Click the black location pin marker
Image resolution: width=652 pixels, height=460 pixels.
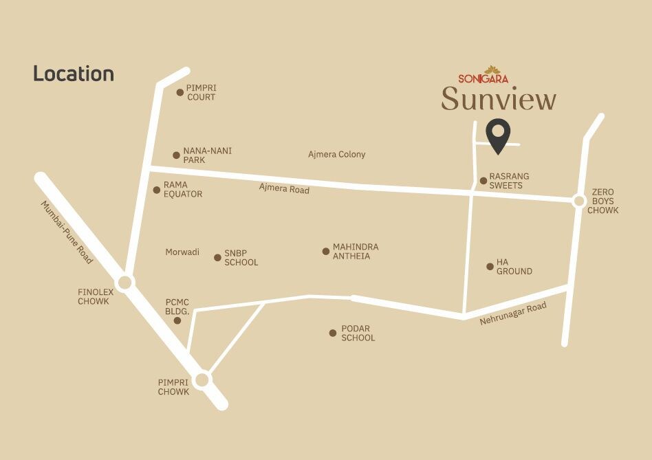point(497,134)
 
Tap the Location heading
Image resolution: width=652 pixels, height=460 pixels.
point(74,74)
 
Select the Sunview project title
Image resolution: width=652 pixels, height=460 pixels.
point(499,99)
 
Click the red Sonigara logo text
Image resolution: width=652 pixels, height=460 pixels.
point(483,78)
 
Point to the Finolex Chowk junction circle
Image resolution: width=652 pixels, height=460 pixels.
point(124,282)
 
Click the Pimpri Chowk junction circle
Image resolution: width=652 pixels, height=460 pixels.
point(202,380)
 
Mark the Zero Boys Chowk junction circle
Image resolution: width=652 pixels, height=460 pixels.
point(579,201)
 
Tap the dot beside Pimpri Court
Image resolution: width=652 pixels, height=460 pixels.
point(180,92)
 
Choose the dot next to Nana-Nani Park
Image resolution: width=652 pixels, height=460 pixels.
point(176,155)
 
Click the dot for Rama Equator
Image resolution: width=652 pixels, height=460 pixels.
point(157,190)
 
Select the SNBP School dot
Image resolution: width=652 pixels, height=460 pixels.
point(217,258)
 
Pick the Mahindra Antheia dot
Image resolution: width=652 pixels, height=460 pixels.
point(326,251)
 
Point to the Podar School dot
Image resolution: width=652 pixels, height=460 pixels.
point(333,333)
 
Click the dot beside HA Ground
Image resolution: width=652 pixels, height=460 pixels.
point(490,266)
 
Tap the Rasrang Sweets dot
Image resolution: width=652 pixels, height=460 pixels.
point(483,181)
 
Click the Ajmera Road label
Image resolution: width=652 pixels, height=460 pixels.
point(284,188)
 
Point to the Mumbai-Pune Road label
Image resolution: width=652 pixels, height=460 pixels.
point(67,232)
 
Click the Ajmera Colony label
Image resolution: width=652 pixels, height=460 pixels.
point(337,155)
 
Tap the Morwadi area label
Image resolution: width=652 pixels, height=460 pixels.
point(182,252)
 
